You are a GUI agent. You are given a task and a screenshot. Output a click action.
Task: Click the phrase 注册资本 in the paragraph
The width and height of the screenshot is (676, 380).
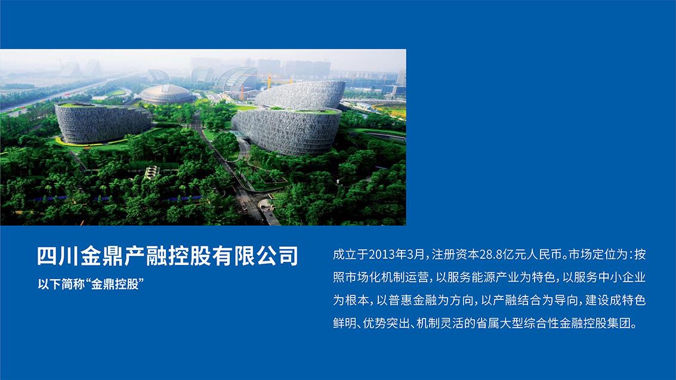[x=455, y=255]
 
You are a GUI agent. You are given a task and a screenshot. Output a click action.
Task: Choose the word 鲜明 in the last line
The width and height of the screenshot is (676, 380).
[x=345, y=323]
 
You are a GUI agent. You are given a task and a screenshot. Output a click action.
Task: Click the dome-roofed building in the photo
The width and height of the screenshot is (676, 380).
[x=167, y=94]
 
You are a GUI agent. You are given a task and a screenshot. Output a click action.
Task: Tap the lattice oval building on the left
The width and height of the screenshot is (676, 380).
[x=103, y=123]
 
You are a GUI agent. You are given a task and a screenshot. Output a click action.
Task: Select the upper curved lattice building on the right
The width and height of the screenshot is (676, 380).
[x=301, y=95]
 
